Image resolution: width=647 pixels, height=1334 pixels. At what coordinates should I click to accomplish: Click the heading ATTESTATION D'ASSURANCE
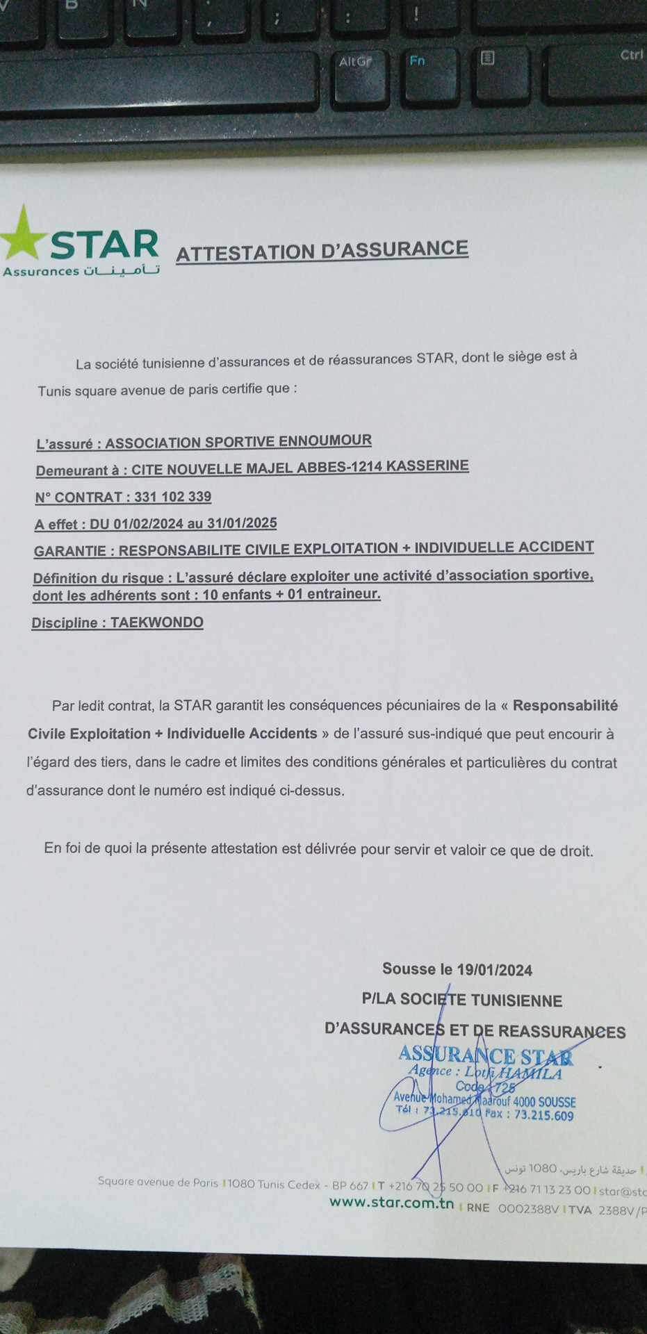pyautogui.click(x=322, y=251)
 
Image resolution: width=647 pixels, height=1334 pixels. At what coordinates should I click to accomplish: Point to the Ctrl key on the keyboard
pyautogui.click(x=631, y=55)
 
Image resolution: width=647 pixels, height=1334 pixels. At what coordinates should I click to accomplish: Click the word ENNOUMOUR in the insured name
pyautogui.click(x=325, y=440)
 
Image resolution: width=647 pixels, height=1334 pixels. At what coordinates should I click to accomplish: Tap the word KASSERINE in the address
pyautogui.click(x=427, y=466)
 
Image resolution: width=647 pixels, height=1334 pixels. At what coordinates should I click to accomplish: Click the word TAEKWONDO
pyautogui.click(x=157, y=622)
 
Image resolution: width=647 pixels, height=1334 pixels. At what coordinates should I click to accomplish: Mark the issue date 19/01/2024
pyautogui.click(x=495, y=970)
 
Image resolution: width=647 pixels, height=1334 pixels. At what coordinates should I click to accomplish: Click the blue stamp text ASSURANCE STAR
pyautogui.click(x=486, y=1055)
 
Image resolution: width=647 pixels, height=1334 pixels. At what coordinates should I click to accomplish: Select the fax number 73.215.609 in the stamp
pyautogui.click(x=544, y=1116)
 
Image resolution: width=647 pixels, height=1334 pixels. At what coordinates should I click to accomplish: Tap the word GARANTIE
pyautogui.click(x=69, y=551)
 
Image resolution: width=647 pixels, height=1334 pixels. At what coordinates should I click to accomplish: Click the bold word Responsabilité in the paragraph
pyautogui.click(x=565, y=706)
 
